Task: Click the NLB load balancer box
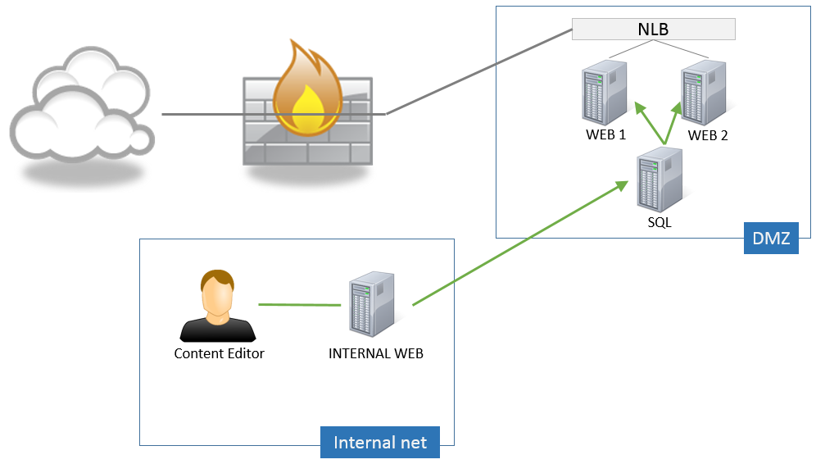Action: tap(653, 30)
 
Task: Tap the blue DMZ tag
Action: tap(770, 239)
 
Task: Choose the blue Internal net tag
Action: tap(379, 443)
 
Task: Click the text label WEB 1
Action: tap(605, 134)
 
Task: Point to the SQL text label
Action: tap(658, 222)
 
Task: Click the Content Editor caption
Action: tap(219, 354)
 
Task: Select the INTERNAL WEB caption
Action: tap(376, 354)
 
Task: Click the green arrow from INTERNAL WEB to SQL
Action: tap(516, 246)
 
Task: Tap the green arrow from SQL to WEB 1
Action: tap(650, 125)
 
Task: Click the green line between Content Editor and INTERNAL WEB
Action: tap(299, 305)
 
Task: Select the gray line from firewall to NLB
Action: tap(479, 72)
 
